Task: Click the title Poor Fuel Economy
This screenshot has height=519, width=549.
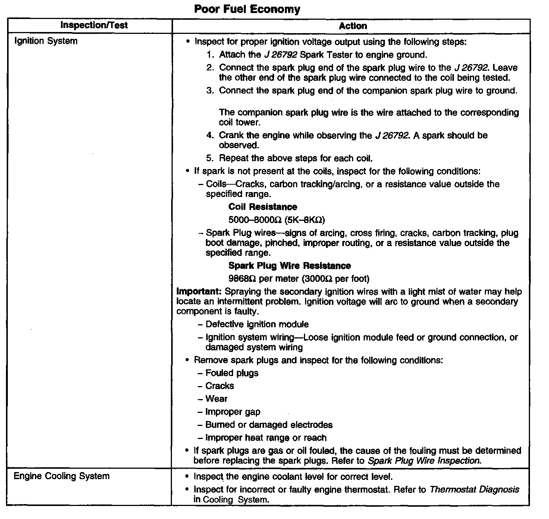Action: (247, 9)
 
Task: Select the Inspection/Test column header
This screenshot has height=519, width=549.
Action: (94, 25)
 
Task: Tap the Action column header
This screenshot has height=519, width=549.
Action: (353, 26)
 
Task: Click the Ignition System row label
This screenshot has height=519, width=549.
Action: (46, 41)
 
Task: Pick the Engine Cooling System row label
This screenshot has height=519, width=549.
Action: (62, 476)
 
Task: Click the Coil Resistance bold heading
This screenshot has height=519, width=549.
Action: (263, 207)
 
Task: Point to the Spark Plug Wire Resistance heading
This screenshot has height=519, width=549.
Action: (289, 266)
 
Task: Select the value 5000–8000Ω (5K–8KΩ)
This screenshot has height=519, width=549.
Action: (276, 220)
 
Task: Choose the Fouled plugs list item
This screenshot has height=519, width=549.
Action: (232, 373)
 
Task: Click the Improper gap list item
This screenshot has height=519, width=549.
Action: (233, 412)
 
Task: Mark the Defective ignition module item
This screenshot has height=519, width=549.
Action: (257, 324)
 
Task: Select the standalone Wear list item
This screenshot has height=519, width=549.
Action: (216, 399)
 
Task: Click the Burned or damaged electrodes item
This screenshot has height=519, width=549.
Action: (269, 425)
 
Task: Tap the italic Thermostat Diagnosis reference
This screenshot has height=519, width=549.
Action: (474, 489)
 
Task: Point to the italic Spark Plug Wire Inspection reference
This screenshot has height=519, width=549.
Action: (423, 461)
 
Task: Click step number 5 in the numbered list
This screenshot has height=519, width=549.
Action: (210, 158)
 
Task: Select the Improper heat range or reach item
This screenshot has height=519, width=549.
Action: (266, 438)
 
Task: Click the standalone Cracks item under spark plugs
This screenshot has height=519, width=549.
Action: (220, 386)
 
